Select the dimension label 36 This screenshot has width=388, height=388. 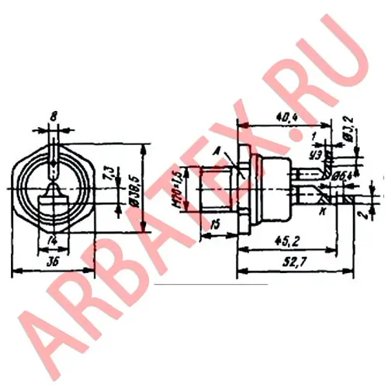click(51, 262)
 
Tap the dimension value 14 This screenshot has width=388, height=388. click(53, 238)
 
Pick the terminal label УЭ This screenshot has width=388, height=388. click(314, 154)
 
